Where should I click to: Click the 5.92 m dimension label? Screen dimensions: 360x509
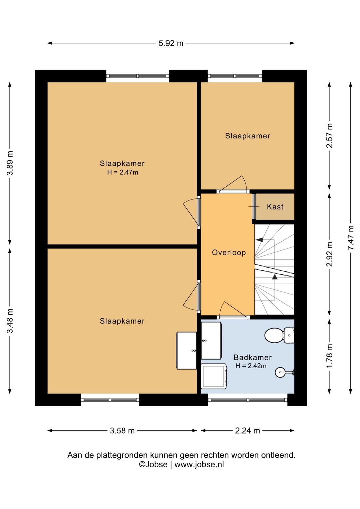171,43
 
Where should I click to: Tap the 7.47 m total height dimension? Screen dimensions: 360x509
351,237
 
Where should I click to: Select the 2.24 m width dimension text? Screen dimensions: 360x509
247,430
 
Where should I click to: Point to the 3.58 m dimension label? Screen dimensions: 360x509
122,430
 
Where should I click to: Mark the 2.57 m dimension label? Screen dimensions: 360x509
330,136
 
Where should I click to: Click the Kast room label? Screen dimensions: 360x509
275,206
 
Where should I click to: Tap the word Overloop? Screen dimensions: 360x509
229,252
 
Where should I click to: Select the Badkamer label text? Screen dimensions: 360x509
253,358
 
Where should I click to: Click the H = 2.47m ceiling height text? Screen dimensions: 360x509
123,172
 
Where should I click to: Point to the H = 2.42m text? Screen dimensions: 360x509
251,366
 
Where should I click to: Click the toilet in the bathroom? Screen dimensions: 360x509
279,335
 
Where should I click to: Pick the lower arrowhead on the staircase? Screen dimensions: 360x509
275,277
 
